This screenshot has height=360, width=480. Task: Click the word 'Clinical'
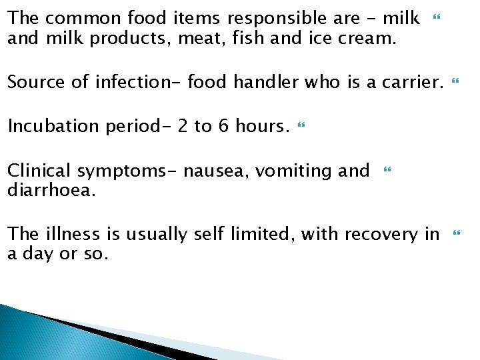click(36, 171)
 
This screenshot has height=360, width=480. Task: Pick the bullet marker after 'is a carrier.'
click(456, 81)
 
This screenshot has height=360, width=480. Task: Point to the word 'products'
click(133, 39)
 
